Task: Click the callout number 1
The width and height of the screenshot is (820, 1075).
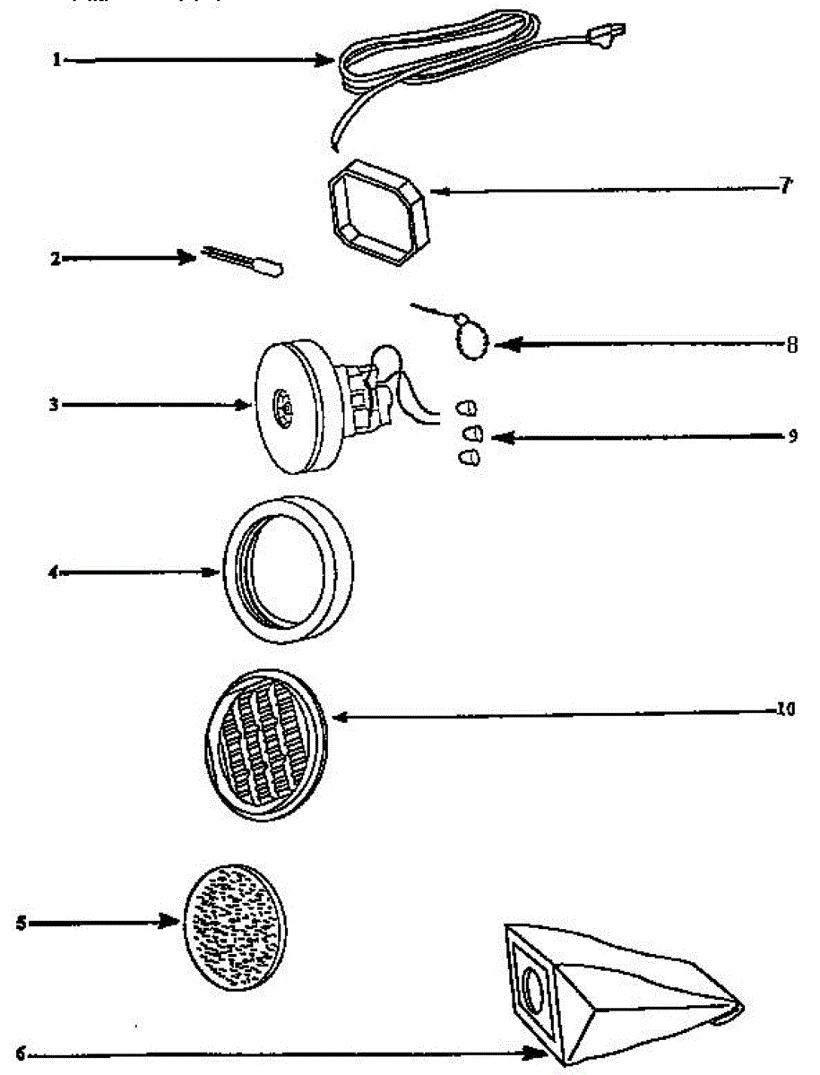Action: (x=56, y=60)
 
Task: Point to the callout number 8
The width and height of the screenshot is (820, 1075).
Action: (x=791, y=344)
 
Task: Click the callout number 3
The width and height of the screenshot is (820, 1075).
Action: (x=55, y=405)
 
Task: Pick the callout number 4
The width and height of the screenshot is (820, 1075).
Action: (x=53, y=572)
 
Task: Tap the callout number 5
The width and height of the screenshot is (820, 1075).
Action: (x=21, y=923)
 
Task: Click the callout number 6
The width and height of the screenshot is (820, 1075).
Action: (x=21, y=1055)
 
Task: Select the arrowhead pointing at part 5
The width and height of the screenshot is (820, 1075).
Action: (x=170, y=922)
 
